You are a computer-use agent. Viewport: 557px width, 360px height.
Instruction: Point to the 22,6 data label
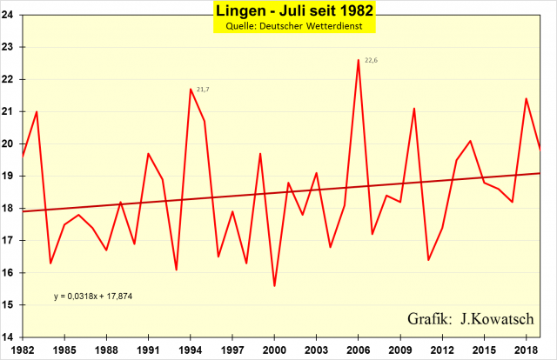[372, 60]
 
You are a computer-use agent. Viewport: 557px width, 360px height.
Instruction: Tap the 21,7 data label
[203, 90]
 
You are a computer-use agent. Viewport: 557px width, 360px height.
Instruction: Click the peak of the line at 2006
[359, 60]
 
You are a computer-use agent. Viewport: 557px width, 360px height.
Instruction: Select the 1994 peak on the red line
[191, 89]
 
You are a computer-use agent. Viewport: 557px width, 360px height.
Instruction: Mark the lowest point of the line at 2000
[274, 286]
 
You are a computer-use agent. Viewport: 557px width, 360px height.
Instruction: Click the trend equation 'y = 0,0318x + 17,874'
[94, 297]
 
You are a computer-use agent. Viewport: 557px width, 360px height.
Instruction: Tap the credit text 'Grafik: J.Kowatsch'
[470, 318]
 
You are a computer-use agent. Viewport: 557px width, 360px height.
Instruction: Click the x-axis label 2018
[527, 350]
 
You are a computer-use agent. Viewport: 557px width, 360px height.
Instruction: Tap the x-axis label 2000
[274, 350]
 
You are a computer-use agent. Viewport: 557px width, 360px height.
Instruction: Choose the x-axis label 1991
[148, 350]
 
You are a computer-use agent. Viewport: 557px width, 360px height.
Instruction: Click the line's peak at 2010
[414, 109]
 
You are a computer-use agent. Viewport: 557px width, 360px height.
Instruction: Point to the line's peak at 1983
[37, 111]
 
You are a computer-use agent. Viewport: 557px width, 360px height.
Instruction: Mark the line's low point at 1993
[177, 270]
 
